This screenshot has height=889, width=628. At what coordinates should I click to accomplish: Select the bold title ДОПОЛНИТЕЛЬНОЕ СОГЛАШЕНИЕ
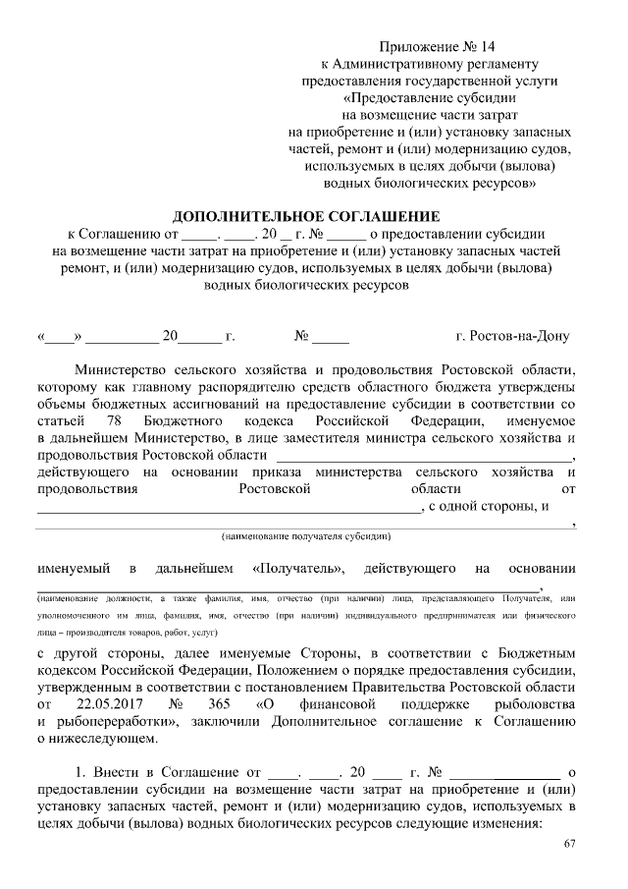(307, 216)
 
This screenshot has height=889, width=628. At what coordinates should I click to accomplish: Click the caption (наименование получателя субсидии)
(306, 536)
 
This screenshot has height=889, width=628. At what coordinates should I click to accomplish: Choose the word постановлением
(290, 688)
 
